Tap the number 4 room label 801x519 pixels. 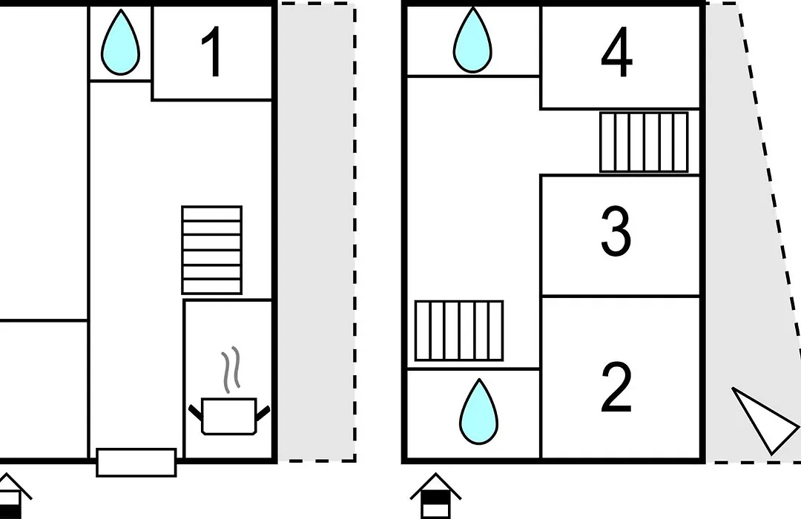617,52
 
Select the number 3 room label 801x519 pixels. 616,231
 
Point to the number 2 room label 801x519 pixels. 616,387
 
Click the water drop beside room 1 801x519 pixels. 121,43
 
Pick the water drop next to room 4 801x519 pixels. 472,41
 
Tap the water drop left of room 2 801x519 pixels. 478,412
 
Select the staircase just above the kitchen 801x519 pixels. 212,250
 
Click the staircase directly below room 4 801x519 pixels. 644,142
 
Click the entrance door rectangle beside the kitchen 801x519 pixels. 136,463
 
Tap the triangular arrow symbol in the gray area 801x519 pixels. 765,420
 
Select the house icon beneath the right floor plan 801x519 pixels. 436,495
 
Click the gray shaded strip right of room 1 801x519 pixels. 317,232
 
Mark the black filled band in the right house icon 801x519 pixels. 436,497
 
